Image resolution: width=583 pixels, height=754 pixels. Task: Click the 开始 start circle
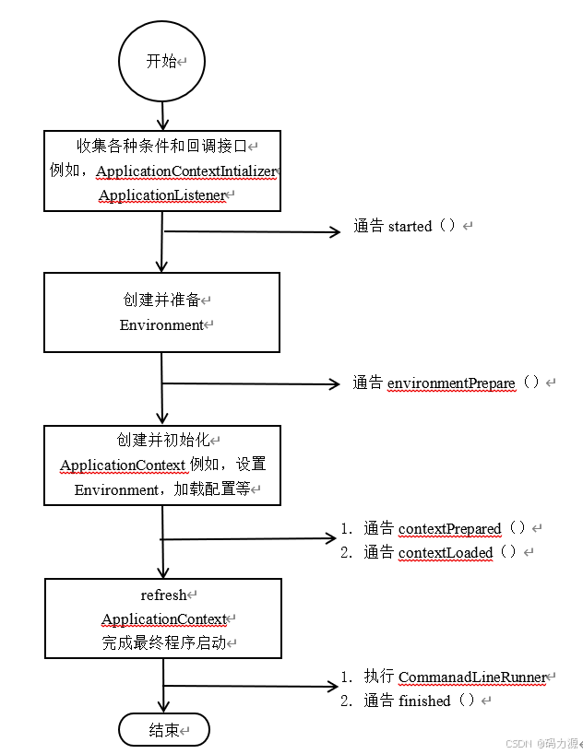[161, 62]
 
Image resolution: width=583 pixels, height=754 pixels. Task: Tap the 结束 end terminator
[163, 730]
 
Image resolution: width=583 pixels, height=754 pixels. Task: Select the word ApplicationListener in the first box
[161, 195]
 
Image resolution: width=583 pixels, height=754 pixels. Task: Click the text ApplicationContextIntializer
[185, 171]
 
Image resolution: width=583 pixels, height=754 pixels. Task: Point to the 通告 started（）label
[405, 227]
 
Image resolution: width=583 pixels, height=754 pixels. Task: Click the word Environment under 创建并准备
[161, 324]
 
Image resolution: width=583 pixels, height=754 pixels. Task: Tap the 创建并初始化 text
[156, 441]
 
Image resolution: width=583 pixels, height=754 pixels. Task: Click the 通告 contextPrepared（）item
[444, 528]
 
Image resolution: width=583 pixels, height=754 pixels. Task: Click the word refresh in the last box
[163, 595]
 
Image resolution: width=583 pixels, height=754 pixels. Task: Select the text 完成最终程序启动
[163, 643]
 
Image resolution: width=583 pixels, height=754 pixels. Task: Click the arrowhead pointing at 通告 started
[336, 232]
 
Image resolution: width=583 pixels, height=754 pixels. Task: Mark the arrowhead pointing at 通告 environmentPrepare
[336, 383]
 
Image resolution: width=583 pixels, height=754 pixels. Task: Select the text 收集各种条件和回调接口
[161, 147]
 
